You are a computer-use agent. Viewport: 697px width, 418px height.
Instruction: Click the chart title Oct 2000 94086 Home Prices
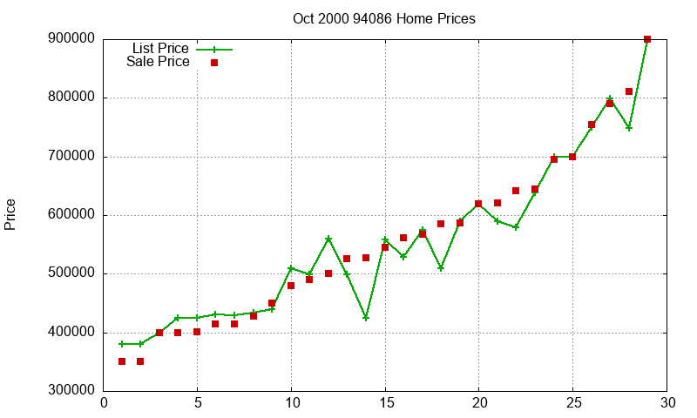(x=384, y=18)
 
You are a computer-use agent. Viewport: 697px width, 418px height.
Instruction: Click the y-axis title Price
(x=10, y=214)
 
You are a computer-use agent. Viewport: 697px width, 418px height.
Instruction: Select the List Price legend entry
(x=160, y=49)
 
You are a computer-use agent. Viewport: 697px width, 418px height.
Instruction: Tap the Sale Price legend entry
(x=158, y=62)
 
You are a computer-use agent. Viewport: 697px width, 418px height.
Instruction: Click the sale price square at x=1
(x=122, y=361)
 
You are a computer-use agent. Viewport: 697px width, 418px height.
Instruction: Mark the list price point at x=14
(x=366, y=318)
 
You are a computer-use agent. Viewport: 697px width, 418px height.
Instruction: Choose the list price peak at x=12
(x=328, y=239)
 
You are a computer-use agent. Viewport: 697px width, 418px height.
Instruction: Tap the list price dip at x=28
(x=629, y=127)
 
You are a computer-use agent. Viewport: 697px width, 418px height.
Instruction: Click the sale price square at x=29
(x=647, y=39)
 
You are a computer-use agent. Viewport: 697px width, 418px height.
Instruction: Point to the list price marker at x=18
(x=441, y=268)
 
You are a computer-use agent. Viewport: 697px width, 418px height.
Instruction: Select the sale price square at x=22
(x=516, y=191)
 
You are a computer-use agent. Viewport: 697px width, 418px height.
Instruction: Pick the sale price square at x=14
(x=366, y=258)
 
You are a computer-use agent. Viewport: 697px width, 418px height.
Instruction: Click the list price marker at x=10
(x=291, y=268)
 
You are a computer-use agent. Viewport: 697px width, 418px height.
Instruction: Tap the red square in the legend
(x=214, y=63)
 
